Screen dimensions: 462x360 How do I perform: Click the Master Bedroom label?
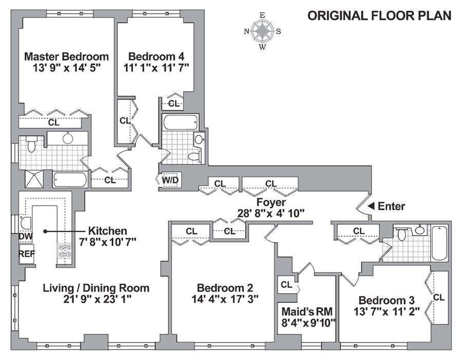(x=66, y=56)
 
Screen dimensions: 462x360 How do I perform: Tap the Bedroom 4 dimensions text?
(x=156, y=68)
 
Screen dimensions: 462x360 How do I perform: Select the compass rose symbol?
(x=262, y=31)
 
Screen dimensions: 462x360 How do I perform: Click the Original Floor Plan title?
(x=379, y=15)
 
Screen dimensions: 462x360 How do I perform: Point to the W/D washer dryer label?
(x=170, y=180)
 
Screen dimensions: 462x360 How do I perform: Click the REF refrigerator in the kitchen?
(x=27, y=254)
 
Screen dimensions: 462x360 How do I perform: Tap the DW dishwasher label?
(x=26, y=236)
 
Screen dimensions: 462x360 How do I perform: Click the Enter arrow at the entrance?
(x=372, y=206)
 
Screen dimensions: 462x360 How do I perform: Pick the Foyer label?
(x=271, y=202)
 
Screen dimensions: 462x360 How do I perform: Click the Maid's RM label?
(x=307, y=311)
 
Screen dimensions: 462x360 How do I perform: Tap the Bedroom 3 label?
(x=386, y=300)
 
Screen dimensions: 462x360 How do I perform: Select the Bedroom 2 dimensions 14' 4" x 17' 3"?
(x=225, y=299)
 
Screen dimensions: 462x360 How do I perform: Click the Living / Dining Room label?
(x=97, y=288)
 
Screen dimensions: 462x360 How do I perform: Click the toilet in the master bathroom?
(x=31, y=144)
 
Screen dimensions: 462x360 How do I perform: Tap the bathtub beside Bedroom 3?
(x=439, y=243)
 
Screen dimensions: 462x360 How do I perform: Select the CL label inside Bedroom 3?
(x=438, y=297)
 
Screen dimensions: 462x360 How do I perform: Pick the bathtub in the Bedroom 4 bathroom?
(x=180, y=123)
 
